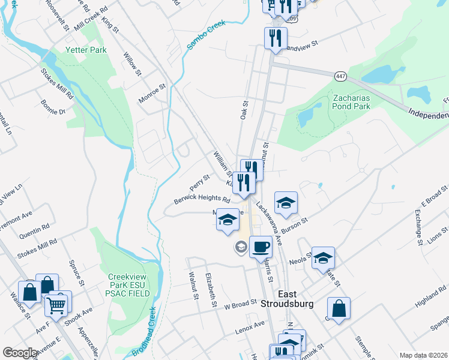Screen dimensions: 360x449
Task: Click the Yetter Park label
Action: (87, 50)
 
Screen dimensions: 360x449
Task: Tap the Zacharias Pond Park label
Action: (351, 101)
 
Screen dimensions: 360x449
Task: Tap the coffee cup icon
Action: (260, 246)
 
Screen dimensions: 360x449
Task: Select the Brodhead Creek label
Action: (144, 332)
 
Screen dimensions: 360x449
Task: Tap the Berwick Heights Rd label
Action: (202, 200)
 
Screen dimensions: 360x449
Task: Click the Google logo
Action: (20, 353)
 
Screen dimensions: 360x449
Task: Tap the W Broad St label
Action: (240, 305)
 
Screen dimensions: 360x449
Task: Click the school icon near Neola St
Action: (323, 258)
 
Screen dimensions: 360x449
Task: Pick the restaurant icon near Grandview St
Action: (275, 38)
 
